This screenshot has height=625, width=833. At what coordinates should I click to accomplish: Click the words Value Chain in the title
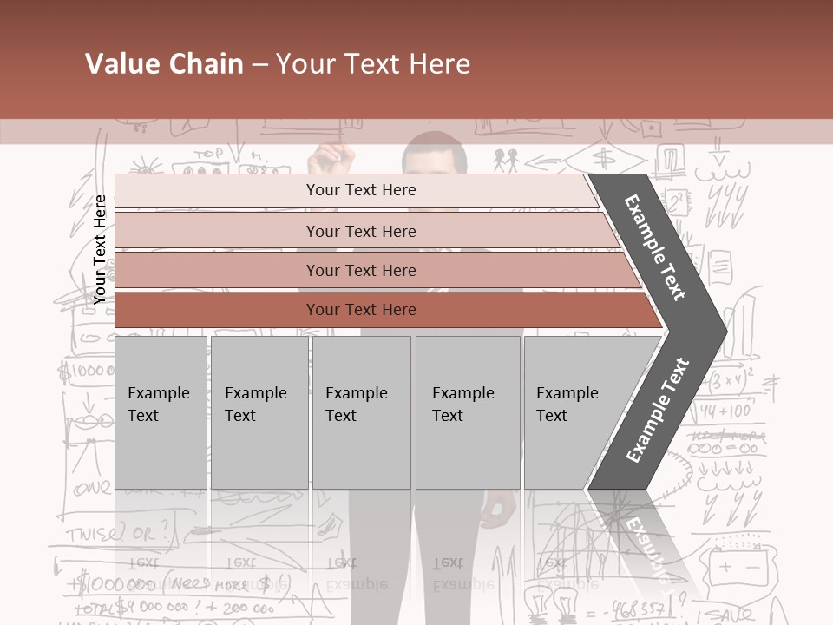pyautogui.click(x=164, y=64)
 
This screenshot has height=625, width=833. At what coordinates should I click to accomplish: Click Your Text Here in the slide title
pyautogui.click(x=373, y=64)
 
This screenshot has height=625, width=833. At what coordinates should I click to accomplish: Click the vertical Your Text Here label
pyautogui.click(x=100, y=249)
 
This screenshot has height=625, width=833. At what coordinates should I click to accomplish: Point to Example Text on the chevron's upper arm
pyautogui.click(x=655, y=247)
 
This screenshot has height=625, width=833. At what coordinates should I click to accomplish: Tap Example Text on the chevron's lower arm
pyautogui.click(x=658, y=410)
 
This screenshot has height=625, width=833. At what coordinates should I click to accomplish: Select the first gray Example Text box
pyautogui.click(x=161, y=412)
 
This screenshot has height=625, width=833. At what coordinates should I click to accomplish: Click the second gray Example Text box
pyautogui.click(x=259, y=412)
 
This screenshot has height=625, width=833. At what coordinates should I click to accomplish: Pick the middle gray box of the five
pyautogui.click(x=361, y=412)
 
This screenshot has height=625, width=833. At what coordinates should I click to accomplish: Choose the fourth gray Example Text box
pyautogui.click(x=467, y=412)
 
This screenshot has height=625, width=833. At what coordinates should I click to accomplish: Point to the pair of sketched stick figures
pyautogui.click(x=506, y=161)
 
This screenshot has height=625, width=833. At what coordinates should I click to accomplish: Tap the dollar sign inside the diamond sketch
pyautogui.click(x=605, y=158)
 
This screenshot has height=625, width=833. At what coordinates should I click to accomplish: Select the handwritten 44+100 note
pyautogui.click(x=725, y=411)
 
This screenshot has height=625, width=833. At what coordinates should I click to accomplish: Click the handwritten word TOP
pyautogui.click(x=208, y=155)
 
